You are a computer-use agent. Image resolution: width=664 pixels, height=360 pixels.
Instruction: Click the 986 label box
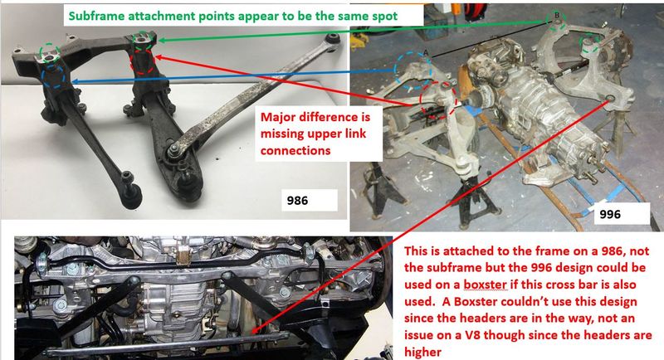click(309, 200)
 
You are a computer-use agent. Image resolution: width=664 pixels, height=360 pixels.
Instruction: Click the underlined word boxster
click(485, 285)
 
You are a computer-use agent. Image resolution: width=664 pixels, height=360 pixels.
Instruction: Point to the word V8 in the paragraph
click(472, 335)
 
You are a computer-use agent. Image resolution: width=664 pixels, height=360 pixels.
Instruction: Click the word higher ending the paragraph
click(422, 352)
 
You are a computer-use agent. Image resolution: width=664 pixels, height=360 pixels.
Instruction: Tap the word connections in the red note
click(295, 151)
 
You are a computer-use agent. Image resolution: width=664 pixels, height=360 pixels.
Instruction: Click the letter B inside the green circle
click(557, 15)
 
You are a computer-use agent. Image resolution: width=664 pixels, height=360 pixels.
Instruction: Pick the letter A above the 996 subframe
click(426, 52)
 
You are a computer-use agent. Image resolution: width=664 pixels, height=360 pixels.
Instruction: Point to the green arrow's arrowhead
click(161, 40)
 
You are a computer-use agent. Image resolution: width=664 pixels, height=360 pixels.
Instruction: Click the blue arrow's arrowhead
click(75, 81)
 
